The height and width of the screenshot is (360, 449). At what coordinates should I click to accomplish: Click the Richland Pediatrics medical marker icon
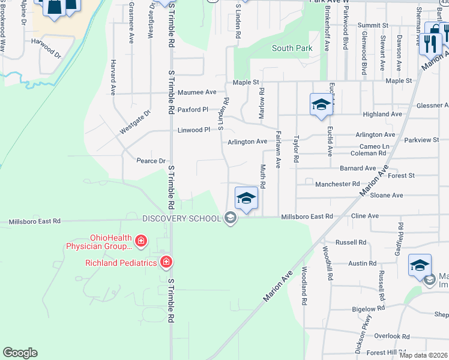click(166, 262)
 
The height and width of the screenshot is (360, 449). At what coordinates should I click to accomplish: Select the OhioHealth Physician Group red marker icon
click(140, 242)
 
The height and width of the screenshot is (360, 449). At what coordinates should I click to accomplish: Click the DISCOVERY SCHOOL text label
click(181, 218)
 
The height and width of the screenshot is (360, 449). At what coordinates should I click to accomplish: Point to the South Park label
click(292, 48)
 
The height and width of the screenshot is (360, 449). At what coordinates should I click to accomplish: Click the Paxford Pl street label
click(193, 110)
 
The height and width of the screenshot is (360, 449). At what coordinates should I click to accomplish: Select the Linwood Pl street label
click(194, 130)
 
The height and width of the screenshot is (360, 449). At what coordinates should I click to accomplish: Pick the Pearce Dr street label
click(151, 161)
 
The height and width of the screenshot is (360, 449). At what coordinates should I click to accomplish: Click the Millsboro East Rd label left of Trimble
click(35, 221)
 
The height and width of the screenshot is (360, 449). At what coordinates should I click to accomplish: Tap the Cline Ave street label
click(366, 216)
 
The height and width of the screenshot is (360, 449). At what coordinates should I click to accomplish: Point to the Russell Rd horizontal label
click(351, 242)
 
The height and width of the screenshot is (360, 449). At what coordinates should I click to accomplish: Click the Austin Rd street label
click(362, 263)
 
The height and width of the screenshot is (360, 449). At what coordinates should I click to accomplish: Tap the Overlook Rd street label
click(391, 337)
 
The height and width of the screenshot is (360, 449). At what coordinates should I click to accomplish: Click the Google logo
click(20, 353)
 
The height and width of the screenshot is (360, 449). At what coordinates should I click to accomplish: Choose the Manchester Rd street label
click(337, 184)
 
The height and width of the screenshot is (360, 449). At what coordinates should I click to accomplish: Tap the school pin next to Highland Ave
click(321, 104)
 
